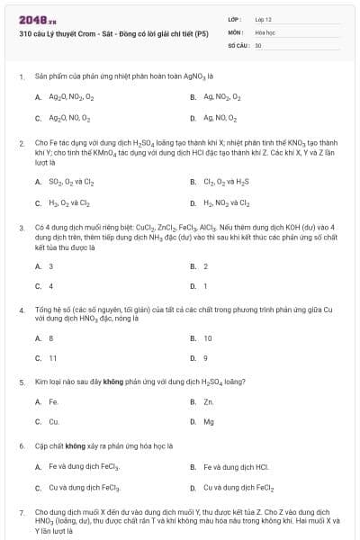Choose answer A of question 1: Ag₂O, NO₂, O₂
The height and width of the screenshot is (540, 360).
pyautogui.click(x=70, y=95)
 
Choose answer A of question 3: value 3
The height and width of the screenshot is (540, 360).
pyautogui.click(x=50, y=266)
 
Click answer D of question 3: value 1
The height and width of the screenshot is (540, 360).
pyautogui.click(x=205, y=287)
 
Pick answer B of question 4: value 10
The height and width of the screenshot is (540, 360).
pyautogui.click(x=208, y=338)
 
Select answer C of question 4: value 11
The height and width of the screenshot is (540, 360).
pyautogui.click(x=52, y=359)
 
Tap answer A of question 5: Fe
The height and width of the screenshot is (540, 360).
pyautogui.click(x=53, y=401)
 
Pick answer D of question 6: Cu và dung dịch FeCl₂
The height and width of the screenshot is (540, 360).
pyautogui.click(x=239, y=488)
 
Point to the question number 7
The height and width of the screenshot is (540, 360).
pyautogui.click(x=21, y=511)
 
